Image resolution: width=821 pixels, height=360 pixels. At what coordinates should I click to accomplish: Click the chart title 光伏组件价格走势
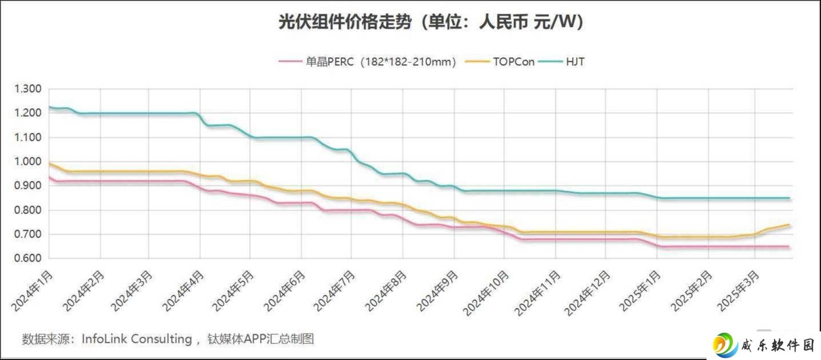click(x=345, y=22)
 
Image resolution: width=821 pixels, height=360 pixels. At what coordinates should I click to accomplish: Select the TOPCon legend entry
click(x=500, y=61)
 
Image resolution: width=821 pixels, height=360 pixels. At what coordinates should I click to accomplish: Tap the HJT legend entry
click(x=562, y=61)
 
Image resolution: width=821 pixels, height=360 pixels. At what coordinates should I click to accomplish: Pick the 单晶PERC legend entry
click(x=367, y=61)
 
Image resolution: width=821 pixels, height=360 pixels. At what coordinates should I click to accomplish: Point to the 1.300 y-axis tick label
click(x=28, y=89)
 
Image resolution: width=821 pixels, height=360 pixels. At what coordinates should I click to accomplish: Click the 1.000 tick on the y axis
click(x=28, y=161)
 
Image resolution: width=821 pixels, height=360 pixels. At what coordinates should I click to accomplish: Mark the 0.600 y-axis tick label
click(x=28, y=258)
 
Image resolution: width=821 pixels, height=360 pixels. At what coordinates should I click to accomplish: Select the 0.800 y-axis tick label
click(x=28, y=210)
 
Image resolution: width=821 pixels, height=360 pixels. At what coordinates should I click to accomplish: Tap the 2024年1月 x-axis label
click(x=32, y=291)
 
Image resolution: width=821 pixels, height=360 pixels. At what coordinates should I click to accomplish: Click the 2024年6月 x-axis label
click(x=284, y=291)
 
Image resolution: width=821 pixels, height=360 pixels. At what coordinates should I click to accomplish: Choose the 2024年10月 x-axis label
click(x=486, y=294)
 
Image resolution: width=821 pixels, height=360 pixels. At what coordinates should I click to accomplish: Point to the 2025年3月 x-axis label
click(x=737, y=291)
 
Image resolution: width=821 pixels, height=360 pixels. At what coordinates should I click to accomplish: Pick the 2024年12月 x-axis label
click(x=587, y=294)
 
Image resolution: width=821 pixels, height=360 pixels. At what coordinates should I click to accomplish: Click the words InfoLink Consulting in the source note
click(x=137, y=339)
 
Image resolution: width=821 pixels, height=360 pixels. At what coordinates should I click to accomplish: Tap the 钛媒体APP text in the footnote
click(x=237, y=339)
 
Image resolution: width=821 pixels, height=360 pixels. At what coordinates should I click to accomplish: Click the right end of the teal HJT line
click(x=789, y=198)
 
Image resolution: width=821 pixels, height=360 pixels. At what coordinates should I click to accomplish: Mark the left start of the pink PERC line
click(x=49, y=177)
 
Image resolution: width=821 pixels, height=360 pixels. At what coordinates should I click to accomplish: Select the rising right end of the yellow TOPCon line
click(x=789, y=225)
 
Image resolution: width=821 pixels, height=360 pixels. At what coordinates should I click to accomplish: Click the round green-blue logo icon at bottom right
click(x=725, y=345)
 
